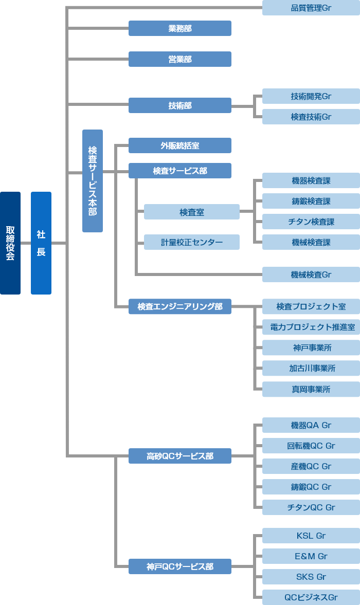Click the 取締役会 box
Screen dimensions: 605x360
[10, 243]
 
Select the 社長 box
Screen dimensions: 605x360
[41, 243]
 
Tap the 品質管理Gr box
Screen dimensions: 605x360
[311, 8]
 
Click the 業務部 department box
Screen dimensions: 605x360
[180, 28]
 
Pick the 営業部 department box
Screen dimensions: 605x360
[180, 59]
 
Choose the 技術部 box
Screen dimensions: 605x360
[180, 105]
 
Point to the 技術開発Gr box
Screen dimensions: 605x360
[311, 96]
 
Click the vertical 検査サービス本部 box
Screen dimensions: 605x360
[93, 180]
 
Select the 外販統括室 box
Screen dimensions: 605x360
[180, 145]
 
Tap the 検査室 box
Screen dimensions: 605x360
[192, 212]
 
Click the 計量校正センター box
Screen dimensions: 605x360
[192, 242]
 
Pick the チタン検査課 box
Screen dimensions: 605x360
[311, 222]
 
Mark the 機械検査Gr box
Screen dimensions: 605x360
[311, 274]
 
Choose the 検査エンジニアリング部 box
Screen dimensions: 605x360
[180, 306]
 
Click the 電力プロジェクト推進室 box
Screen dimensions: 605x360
[311, 327]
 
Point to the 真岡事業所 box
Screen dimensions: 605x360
[311, 389]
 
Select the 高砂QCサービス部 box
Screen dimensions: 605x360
[180, 456]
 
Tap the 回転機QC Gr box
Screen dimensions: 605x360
[311, 446]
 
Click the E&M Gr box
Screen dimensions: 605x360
[311, 556]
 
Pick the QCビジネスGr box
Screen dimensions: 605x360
[311, 597]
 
